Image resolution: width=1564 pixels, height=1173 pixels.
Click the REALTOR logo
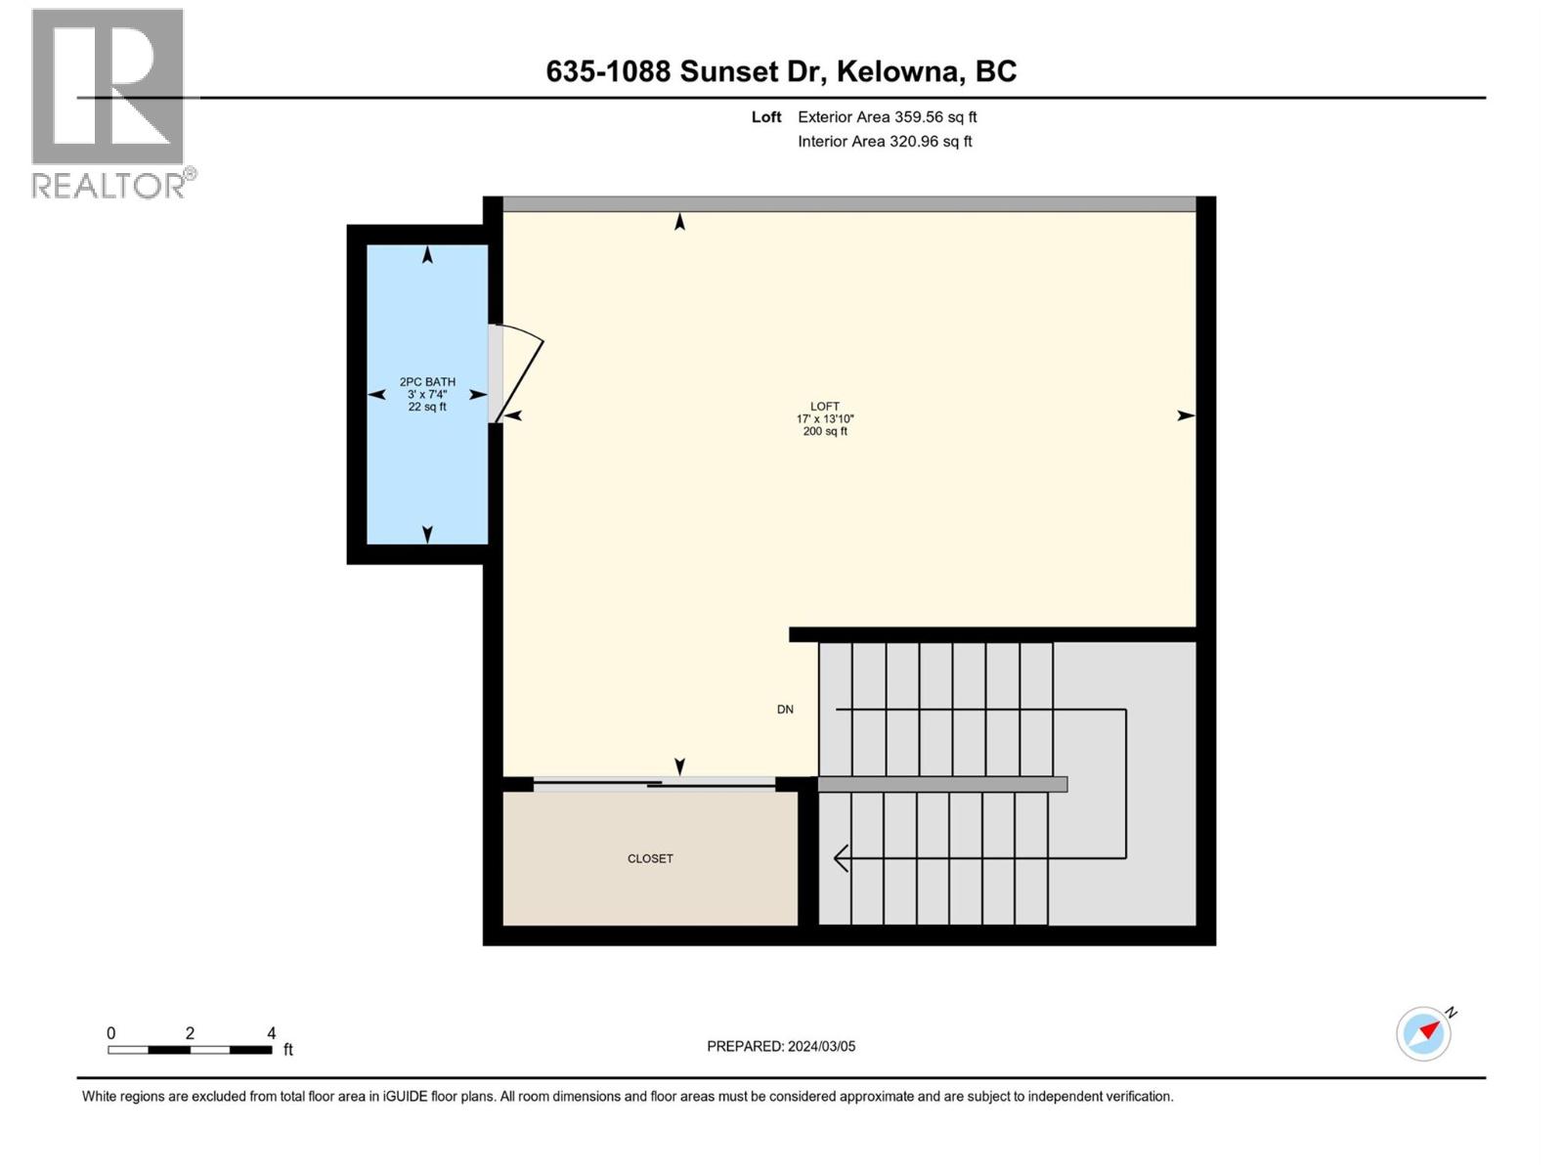pos(109,103)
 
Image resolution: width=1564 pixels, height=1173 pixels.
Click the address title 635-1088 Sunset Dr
pos(781,71)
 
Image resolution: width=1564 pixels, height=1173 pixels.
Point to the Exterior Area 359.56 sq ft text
pos(887,117)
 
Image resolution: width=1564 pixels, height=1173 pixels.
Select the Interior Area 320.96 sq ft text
pos(885,142)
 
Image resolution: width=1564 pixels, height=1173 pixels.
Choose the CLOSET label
pos(650,859)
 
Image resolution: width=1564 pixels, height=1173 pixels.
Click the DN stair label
pos(785,710)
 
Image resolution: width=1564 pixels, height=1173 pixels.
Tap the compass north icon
pos(1424,1033)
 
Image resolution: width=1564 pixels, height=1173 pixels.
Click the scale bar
pos(190,1050)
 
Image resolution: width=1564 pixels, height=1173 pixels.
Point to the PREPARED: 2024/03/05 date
pos(781,1047)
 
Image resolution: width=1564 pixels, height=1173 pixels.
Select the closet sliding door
pos(653,783)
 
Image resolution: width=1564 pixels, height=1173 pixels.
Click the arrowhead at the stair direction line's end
pos(840,858)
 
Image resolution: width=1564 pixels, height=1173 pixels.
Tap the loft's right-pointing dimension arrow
pos(1185,415)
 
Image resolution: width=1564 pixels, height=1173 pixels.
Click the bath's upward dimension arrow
pos(427,255)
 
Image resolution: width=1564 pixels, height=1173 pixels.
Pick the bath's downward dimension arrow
pos(427,534)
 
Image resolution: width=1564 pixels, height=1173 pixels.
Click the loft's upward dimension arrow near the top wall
pos(679,223)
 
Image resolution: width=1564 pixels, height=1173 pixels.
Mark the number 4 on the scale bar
pos(271,1033)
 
